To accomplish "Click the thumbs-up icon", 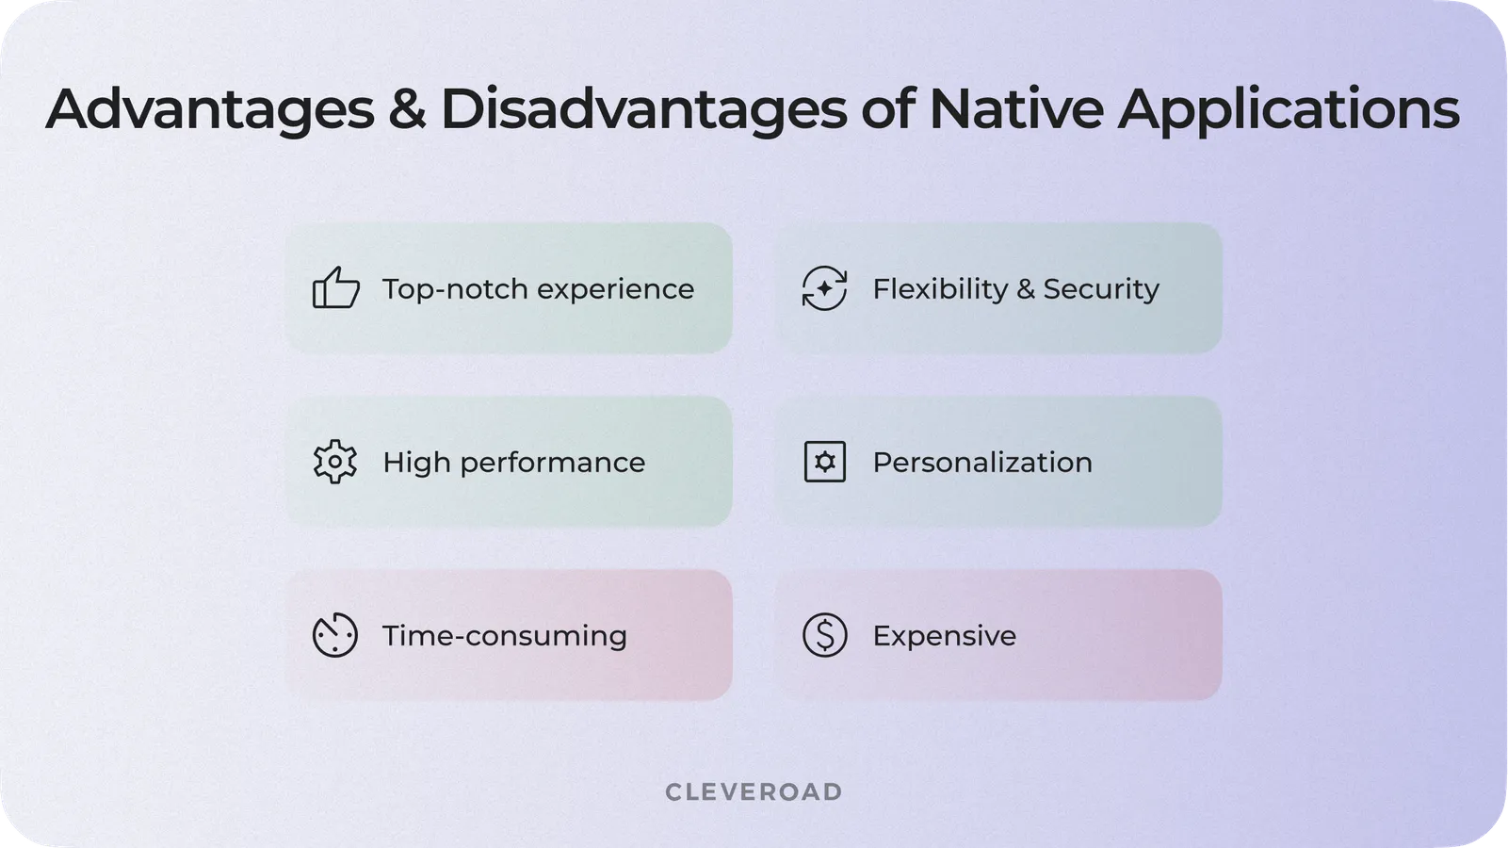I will tap(335, 288).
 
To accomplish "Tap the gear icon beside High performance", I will tap(335, 462).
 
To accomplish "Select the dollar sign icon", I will tap(825, 635).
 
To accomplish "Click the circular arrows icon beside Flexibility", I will tap(824, 288).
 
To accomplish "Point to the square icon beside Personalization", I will tap(825, 462).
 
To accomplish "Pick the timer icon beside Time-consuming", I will tap(335, 635).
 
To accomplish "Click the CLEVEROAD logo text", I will tap(754, 791).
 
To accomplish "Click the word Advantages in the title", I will tap(210, 109).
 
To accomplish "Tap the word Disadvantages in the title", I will tap(643, 109).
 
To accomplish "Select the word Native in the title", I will tap(1015, 109).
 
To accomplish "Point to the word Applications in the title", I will tap(1289, 109).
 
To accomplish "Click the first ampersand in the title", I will tap(407, 109).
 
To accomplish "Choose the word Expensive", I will tap(944, 636).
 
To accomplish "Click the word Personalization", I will tap(981, 463).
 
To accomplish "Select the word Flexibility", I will tap(939, 289).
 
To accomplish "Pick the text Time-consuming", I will tap(504, 636).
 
